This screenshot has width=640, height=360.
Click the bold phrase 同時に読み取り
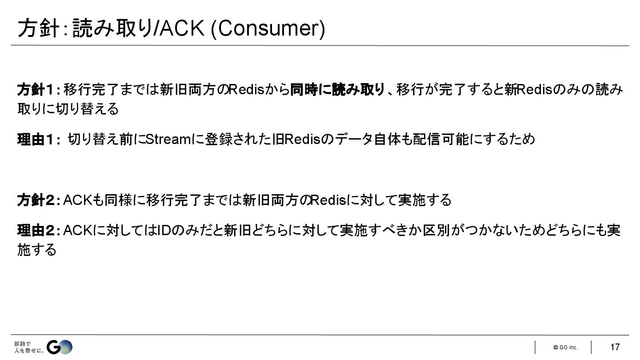[x=337, y=90]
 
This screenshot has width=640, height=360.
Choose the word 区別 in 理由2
[x=442, y=231]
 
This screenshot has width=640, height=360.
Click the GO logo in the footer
[x=60, y=348]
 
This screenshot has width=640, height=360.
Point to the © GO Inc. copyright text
[x=565, y=348]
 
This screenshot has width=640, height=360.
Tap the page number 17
[x=615, y=347]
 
